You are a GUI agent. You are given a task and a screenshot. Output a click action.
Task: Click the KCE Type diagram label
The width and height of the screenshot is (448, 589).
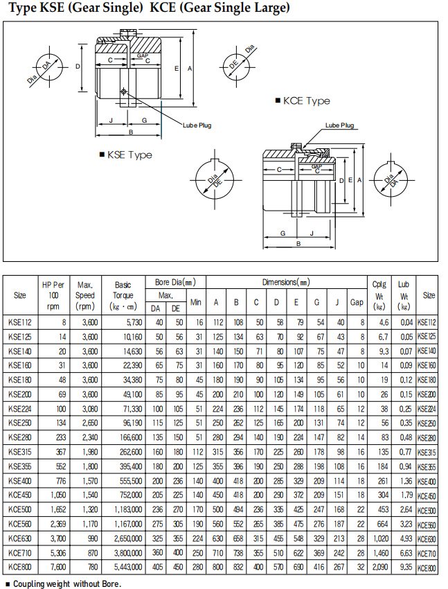[307, 101]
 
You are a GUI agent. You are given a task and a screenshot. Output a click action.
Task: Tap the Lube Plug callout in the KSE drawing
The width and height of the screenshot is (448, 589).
[197, 125]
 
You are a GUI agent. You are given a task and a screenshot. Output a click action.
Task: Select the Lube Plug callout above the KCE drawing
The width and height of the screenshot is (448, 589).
[339, 125]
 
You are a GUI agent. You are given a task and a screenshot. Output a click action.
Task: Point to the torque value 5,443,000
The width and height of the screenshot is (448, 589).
[126, 566]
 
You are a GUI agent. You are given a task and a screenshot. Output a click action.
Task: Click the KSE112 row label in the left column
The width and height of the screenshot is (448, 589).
[20, 322]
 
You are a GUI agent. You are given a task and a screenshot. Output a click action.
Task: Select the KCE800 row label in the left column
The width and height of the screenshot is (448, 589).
[20, 566]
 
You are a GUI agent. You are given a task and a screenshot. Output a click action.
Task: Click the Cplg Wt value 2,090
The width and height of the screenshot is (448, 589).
[379, 566]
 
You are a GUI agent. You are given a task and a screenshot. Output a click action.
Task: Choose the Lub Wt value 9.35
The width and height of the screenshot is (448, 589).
[404, 566]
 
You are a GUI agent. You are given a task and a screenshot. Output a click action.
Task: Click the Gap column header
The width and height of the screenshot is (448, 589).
[357, 302]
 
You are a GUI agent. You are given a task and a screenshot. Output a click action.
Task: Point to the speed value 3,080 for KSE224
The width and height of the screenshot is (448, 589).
[86, 410]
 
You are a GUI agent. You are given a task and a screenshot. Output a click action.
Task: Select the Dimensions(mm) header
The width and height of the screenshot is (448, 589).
[286, 283]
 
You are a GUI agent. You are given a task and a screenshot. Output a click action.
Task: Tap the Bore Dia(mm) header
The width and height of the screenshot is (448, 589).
[175, 283]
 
